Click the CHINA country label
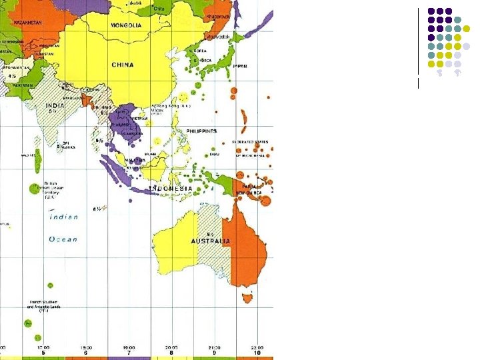click(x=123, y=65)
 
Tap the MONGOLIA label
click(x=126, y=25)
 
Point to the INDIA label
click(x=55, y=105)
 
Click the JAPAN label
click(x=241, y=66)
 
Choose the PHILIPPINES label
click(x=201, y=131)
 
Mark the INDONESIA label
click(x=171, y=189)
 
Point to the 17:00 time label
click(x=43, y=347)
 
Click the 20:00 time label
click(x=171, y=347)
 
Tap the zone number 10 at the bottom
click(x=257, y=353)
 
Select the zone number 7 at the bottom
click(x=129, y=353)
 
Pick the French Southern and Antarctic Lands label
click(x=43, y=306)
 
